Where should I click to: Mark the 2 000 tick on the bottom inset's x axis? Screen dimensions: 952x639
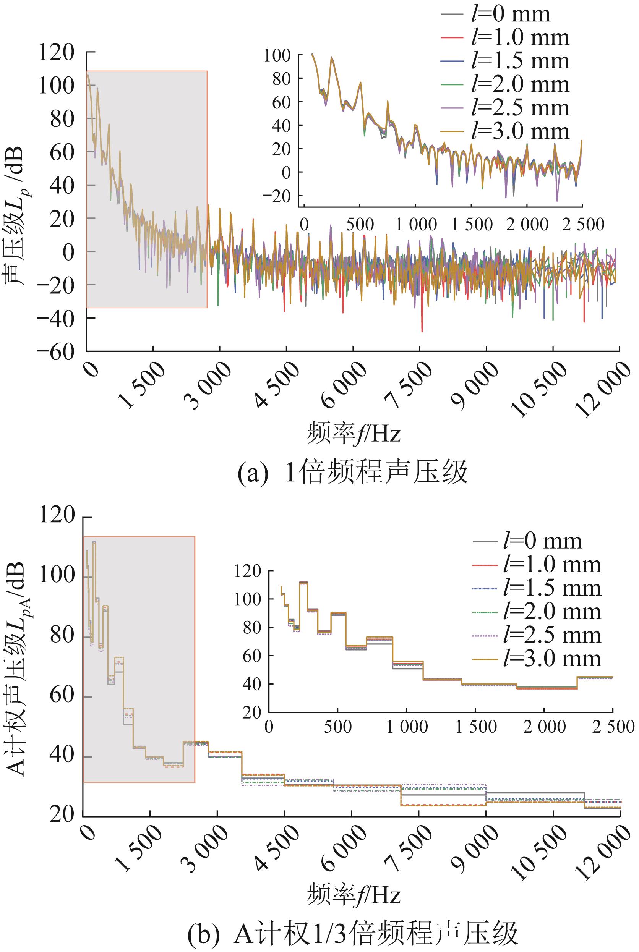(545, 727)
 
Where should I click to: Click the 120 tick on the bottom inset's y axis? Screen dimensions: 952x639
(247, 572)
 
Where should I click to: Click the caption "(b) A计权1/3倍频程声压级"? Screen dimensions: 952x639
(352, 933)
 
